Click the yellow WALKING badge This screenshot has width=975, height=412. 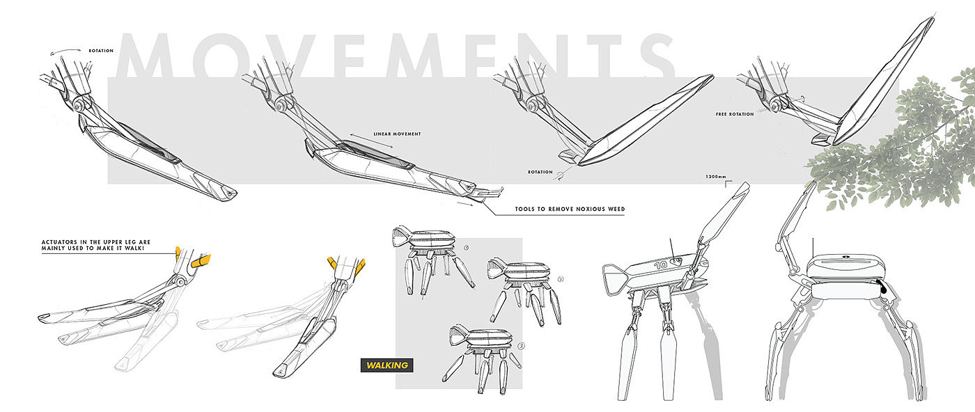[x=384, y=365]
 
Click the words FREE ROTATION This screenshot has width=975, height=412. [x=735, y=114]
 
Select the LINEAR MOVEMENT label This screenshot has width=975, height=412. [x=397, y=134]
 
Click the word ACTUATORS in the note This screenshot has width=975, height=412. [x=62, y=242]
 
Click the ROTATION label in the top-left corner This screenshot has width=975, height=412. [x=101, y=51]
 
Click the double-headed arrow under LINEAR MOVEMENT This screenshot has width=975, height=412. [x=370, y=142]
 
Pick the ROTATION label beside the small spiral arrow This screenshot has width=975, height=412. [x=540, y=172]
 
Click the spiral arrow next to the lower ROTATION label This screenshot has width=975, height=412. [x=560, y=176]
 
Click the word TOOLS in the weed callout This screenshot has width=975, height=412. [x=527, y=209]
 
